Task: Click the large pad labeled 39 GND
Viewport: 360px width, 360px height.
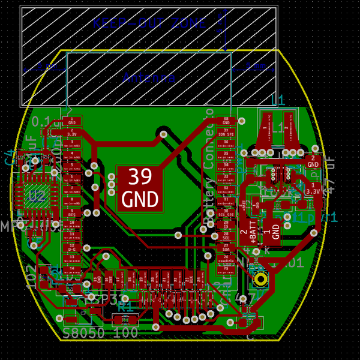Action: coord(140,188)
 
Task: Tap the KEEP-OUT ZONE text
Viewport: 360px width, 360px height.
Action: coord(149,23)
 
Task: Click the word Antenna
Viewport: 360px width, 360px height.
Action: coord(149,77)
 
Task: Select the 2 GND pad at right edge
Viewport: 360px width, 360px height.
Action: coord(313,161)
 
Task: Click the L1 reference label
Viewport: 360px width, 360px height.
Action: coord(278,100)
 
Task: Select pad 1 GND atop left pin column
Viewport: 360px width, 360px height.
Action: coord(73,122)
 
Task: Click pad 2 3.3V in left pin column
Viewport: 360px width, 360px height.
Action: coord(73,133)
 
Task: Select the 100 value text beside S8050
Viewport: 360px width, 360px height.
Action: coord(126,332)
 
